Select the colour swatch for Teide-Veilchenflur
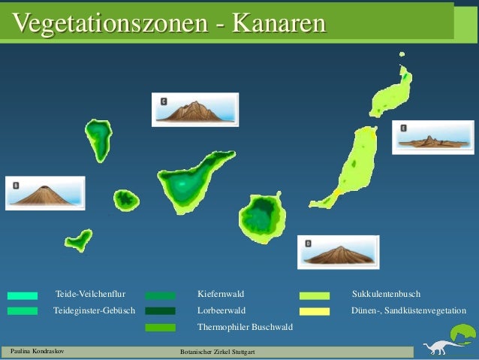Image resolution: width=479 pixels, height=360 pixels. pos(23,295)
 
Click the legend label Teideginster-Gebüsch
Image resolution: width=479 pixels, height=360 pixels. pos(94,310)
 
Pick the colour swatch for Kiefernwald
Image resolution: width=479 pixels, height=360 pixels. pos(160,295)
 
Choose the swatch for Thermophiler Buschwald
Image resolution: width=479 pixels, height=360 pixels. pos(160,328)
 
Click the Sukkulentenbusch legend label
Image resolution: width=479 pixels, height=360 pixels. pos(386,294)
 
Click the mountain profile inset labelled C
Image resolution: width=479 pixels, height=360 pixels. pos(194,110)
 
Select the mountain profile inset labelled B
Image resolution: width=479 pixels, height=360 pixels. pos(45,193)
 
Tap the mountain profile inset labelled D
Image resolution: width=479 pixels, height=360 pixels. pos(338,253)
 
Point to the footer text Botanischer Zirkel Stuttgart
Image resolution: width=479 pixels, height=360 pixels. pos(218,352)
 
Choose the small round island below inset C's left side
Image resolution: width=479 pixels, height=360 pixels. pos(126,200)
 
